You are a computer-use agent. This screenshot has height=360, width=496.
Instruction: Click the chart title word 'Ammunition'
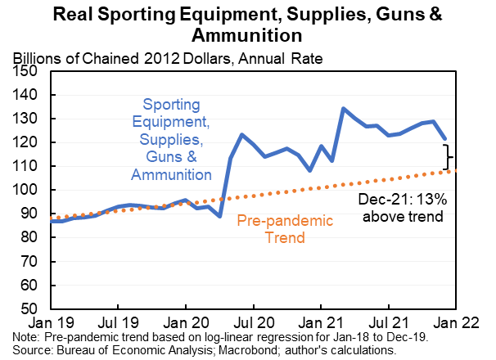coord(247,36)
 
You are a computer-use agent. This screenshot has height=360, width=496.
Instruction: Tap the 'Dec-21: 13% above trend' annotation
coord(401,208)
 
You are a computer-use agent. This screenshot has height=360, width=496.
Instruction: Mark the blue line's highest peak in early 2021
coord(343,109)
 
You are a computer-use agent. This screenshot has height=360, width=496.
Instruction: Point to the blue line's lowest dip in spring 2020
coord(220,216)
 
